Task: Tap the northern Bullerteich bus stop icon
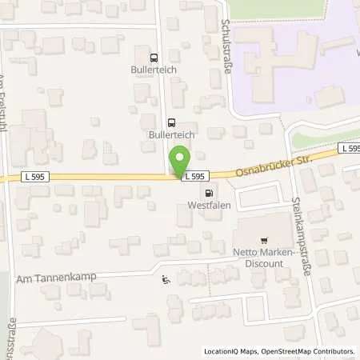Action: click(x=154, y=57)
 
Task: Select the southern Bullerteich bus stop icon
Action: click(x=171, y=123)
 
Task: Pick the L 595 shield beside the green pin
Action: click(x=197, y=176)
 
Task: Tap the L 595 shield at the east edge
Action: click(x=349, y=149)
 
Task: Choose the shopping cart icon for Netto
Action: click(x=262, y=241)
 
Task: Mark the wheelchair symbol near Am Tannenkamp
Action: click(x=166, y=280)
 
